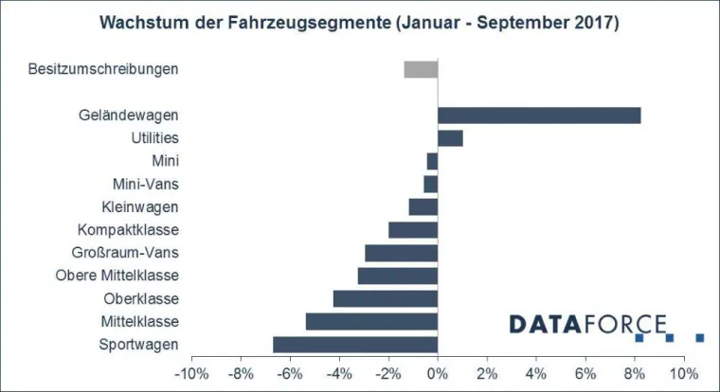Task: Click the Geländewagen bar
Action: click(x=539, y=116)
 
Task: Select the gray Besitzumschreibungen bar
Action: click(x=421, y=69)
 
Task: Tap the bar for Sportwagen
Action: click(x=355, y=344)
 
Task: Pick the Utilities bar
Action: click(x=450, y=138)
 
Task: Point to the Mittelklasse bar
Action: click(x=371, y=321)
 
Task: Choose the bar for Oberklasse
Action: click(x=386, y=298)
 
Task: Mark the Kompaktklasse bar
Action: click(x=413, y=229)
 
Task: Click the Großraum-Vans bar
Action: click(x=401, y=253)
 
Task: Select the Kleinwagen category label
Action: click(x=139, y=206)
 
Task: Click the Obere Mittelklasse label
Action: click(x=118, y=276)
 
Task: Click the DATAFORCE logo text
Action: click(x=587, y=325)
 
